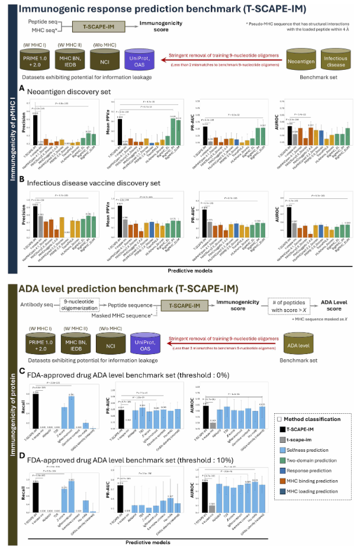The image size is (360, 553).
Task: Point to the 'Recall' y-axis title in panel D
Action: pyautogui.click(x=21, y=487)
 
